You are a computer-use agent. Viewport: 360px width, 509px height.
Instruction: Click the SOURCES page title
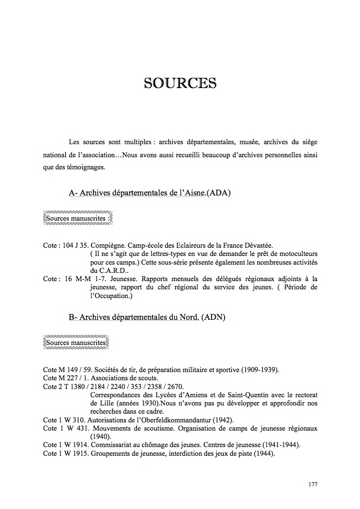pyautogui.click(x=180, y=83)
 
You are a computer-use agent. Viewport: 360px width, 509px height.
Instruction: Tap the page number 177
pyautogui.click(x=313, y=484)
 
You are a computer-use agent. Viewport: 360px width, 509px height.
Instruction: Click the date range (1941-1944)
pyautogui.click(x=280, y=445)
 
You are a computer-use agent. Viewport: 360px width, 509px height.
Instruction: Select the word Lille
pyautogui.click(x=98, y=403)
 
